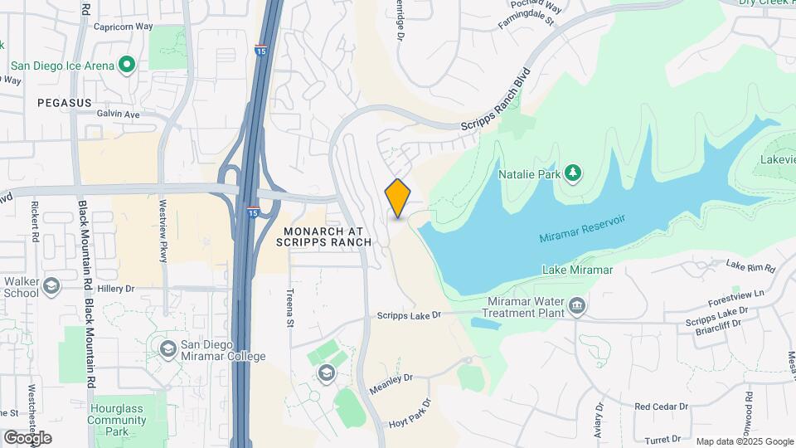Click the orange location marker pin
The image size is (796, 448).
pyautogui.click(x=398, y=197)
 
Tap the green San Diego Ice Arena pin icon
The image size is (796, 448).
pyautogui.click(x=127, y=64)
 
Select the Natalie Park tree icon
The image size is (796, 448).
pyautogui.click(x=572, y=173)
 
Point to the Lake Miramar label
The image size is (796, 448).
pyautogui.click(x=577, y=270)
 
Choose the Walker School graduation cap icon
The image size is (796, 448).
pyautogui.click(x=52, y=286)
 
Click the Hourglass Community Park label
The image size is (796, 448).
pyautogui.click(x=116, y=420)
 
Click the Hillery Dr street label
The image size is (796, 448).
pyautogui.click(x=115, y=289)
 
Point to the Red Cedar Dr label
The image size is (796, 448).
pyautogui.click(x=661, y=407)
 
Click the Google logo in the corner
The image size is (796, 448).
pyautogui.click(x=27, y=437)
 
